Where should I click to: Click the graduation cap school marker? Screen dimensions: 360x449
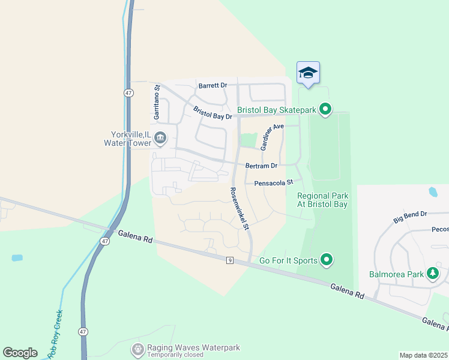tap(308, 73)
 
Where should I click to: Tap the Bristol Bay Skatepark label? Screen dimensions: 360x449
tap(276, 110)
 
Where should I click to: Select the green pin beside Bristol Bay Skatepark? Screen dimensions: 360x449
tap(325, 109)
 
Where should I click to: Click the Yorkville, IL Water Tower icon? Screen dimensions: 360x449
tap(160, 139)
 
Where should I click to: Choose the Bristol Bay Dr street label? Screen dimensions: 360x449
tap(212, 112)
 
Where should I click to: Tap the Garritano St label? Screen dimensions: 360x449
tap(157, 100)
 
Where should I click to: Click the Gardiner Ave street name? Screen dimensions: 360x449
tap(272, 137)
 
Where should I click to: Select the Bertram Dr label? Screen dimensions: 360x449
tap(261, 166)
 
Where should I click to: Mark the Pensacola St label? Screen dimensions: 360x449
tap(273, 182)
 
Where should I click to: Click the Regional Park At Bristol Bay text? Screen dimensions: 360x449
tap(323, 200)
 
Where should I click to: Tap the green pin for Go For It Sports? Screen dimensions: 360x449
tap(327, 260)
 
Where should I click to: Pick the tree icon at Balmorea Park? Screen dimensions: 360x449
tap(432, 274)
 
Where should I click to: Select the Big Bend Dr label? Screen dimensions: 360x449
tap(410, 217)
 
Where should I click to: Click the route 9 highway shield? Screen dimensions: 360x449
tap(229, 260)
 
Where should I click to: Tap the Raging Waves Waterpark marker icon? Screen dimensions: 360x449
tap(138, 348)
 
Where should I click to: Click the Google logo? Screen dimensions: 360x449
tap(20, 352)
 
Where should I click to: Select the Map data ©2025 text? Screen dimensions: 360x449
tap(423, 355)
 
